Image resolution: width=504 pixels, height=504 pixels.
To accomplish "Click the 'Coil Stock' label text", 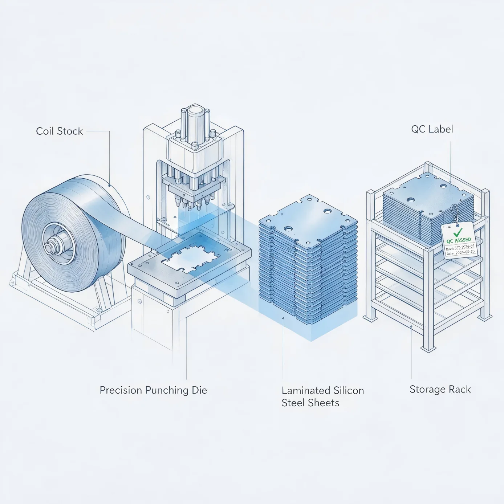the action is (60, 131).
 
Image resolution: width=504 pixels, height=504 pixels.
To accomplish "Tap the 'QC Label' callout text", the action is (432, 129).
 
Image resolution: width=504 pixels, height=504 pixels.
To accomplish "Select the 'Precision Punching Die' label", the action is (153, 390).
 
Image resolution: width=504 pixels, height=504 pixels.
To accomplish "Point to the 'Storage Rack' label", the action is (440, 389).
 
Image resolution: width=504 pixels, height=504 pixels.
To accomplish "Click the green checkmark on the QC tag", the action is (458, 232).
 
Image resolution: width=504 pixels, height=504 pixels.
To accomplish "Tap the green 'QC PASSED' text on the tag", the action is (459, 240).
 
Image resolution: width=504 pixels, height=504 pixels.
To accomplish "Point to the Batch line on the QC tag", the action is (460, 247).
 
